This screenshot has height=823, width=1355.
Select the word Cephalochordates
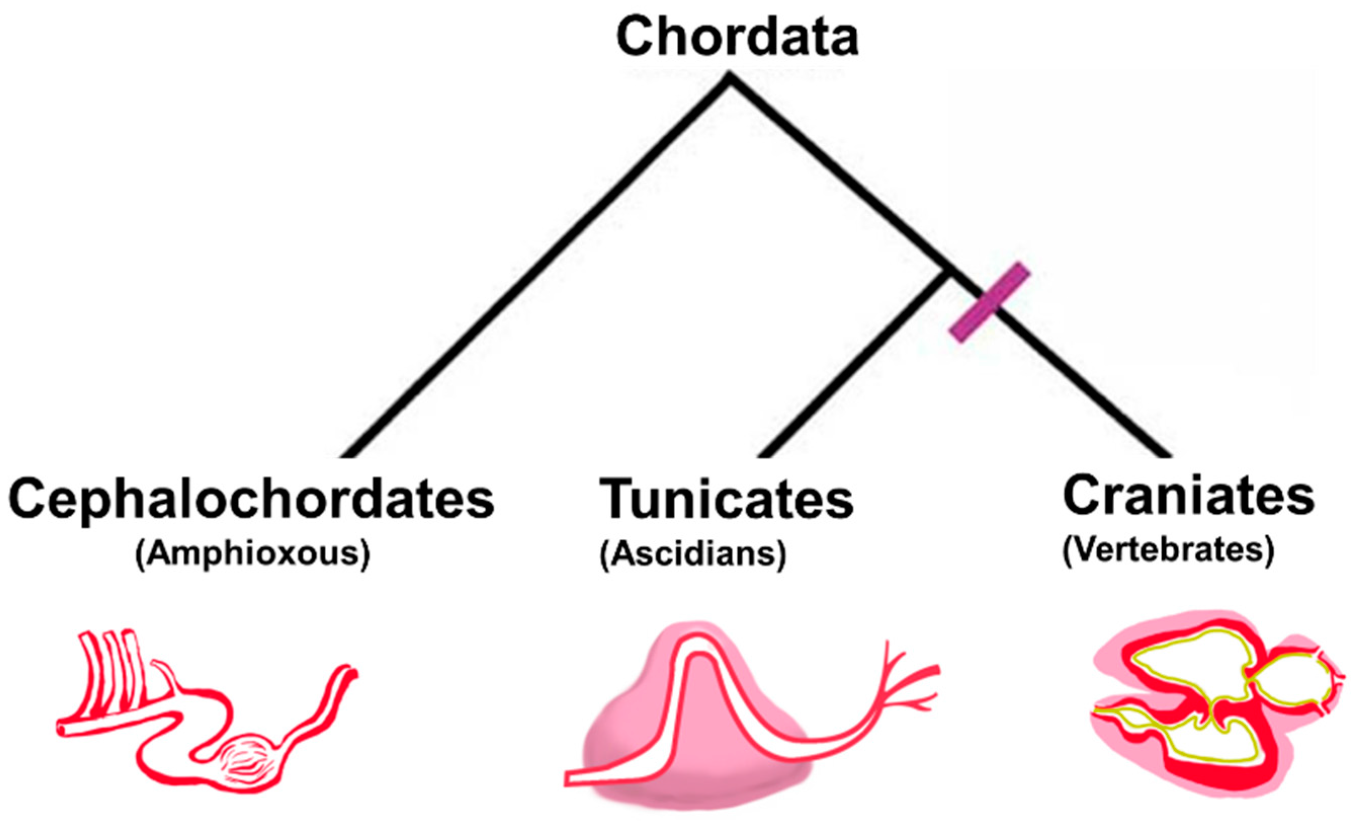tap(251, 499)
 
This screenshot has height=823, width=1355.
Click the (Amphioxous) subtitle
tap(252, 554)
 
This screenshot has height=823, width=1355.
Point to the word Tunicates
tap(726, 499)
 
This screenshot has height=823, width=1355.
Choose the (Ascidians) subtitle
tap(693, 554)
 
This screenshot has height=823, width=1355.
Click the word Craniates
tap(1188, 496)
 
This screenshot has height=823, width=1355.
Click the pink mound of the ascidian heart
tap(632, 737)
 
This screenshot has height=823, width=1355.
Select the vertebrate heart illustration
tap(1210, 710)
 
